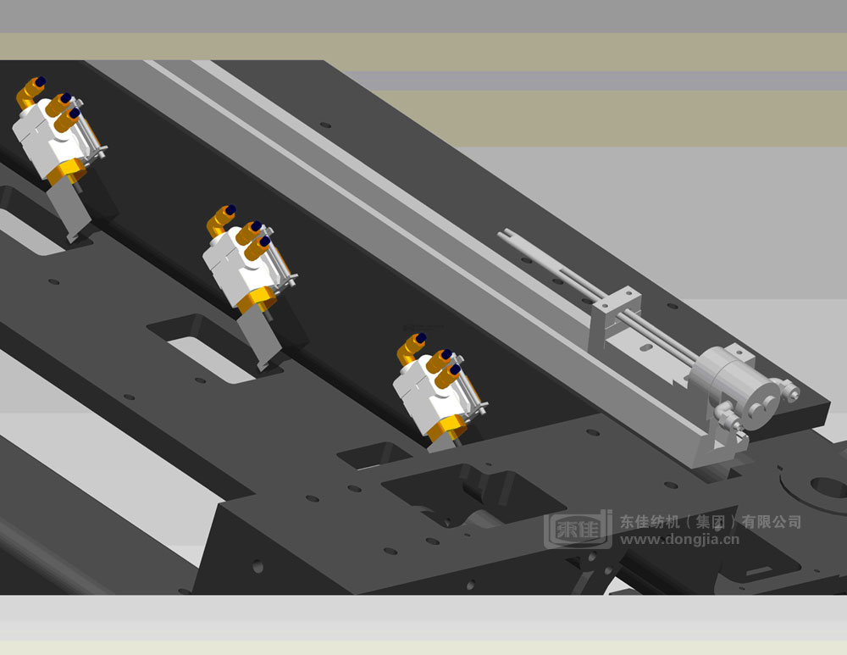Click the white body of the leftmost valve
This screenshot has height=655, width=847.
pyautogui.click(x=42, y=140)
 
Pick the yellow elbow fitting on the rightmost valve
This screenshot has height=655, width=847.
pyautogui.click(x=411, y=346)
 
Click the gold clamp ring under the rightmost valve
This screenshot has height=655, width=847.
pyautogui.click(x=446, y=426)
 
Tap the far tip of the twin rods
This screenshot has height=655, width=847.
pyautogui.click(x=505, y=233)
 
